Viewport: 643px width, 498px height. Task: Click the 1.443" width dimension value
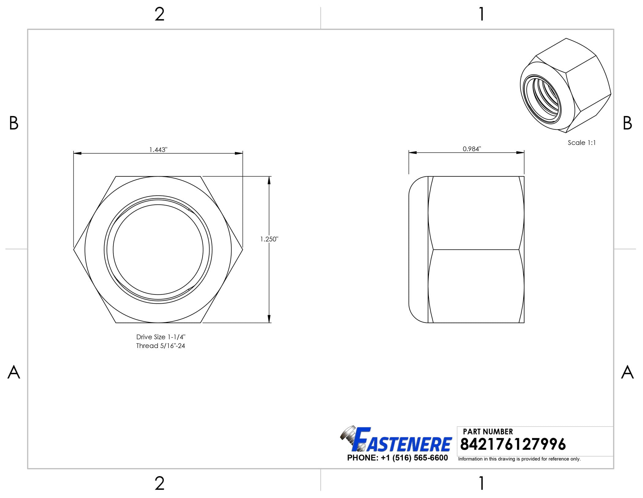158,149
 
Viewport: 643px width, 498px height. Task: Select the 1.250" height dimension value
269,239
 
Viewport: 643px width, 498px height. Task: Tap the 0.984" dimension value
472,149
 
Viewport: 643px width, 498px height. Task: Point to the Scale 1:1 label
582,143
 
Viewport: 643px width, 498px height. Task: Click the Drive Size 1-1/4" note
161,337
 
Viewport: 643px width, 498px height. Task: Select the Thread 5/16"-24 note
161,346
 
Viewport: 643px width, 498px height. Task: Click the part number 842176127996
513,444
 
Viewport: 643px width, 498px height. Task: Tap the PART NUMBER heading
488,432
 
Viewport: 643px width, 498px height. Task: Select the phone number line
397,458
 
